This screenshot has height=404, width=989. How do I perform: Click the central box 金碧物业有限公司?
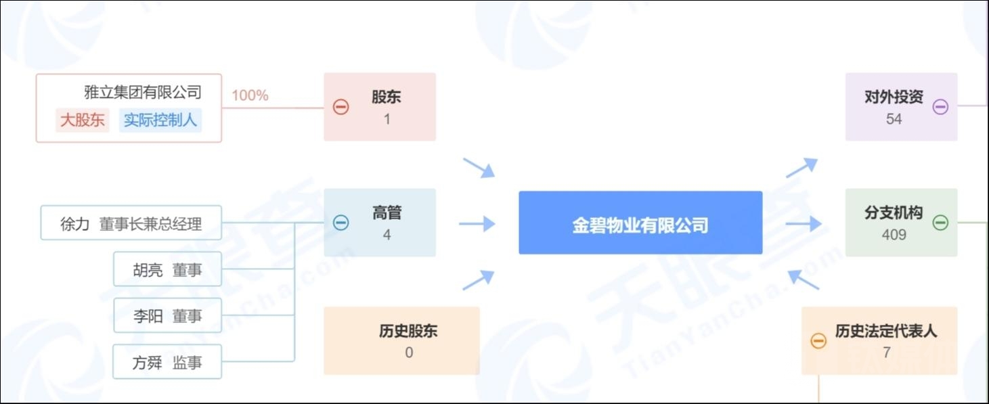click(640, 223)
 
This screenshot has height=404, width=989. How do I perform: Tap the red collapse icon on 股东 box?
click(341, 107)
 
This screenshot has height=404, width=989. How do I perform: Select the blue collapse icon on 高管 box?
click(341, 223)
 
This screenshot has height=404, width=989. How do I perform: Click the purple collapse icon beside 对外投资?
click(940, 107)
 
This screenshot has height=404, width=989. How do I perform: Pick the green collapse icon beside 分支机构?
click(940, 223)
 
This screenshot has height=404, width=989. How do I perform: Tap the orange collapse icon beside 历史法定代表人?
click(818, 340)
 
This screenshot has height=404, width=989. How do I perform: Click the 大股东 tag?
click(83, 120)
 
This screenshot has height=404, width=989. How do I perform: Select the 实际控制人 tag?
click(160, 120)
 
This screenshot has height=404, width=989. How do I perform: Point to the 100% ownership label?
click(250, 95)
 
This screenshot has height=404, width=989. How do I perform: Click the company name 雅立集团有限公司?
click(143, 92)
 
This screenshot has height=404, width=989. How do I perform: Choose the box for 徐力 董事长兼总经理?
click(131, 223)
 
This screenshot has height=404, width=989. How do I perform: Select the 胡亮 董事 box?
click(167, 270)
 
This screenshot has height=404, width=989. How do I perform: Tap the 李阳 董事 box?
click(167, 316)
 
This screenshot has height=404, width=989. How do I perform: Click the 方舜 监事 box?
click(167, 363)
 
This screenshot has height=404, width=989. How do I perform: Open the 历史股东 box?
click(401, 340)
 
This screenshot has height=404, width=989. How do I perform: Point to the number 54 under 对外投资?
click(894, 119)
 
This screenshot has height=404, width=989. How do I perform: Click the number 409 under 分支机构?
click(894, 235)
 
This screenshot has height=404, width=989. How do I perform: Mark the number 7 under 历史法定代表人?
click(886, 353)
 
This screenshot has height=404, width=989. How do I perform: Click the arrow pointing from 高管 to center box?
click(477, 223)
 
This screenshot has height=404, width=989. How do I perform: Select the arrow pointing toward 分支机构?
click(804, 223)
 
